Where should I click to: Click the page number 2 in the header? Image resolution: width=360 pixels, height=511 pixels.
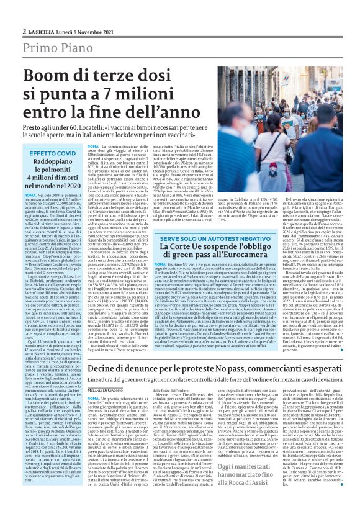click(24, 30)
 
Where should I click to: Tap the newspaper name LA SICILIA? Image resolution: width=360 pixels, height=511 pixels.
click(42, 30)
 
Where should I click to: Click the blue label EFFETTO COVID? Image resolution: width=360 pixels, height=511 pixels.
click(52, 153)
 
